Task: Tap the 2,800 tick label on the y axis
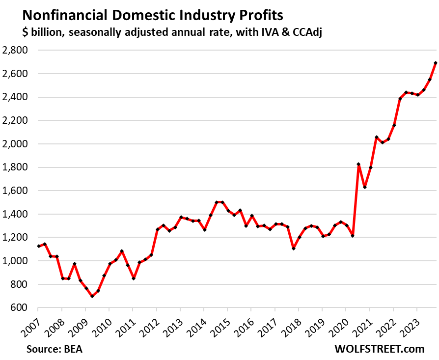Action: (16, 50)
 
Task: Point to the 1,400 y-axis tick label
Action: (16, 214)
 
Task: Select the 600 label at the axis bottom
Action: (20, 308)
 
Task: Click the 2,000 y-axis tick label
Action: (16, 144)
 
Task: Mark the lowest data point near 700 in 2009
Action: (92, 296)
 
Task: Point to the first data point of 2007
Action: (39, 246)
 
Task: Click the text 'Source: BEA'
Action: (57, 349)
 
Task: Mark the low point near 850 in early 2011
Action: (134, 278)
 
